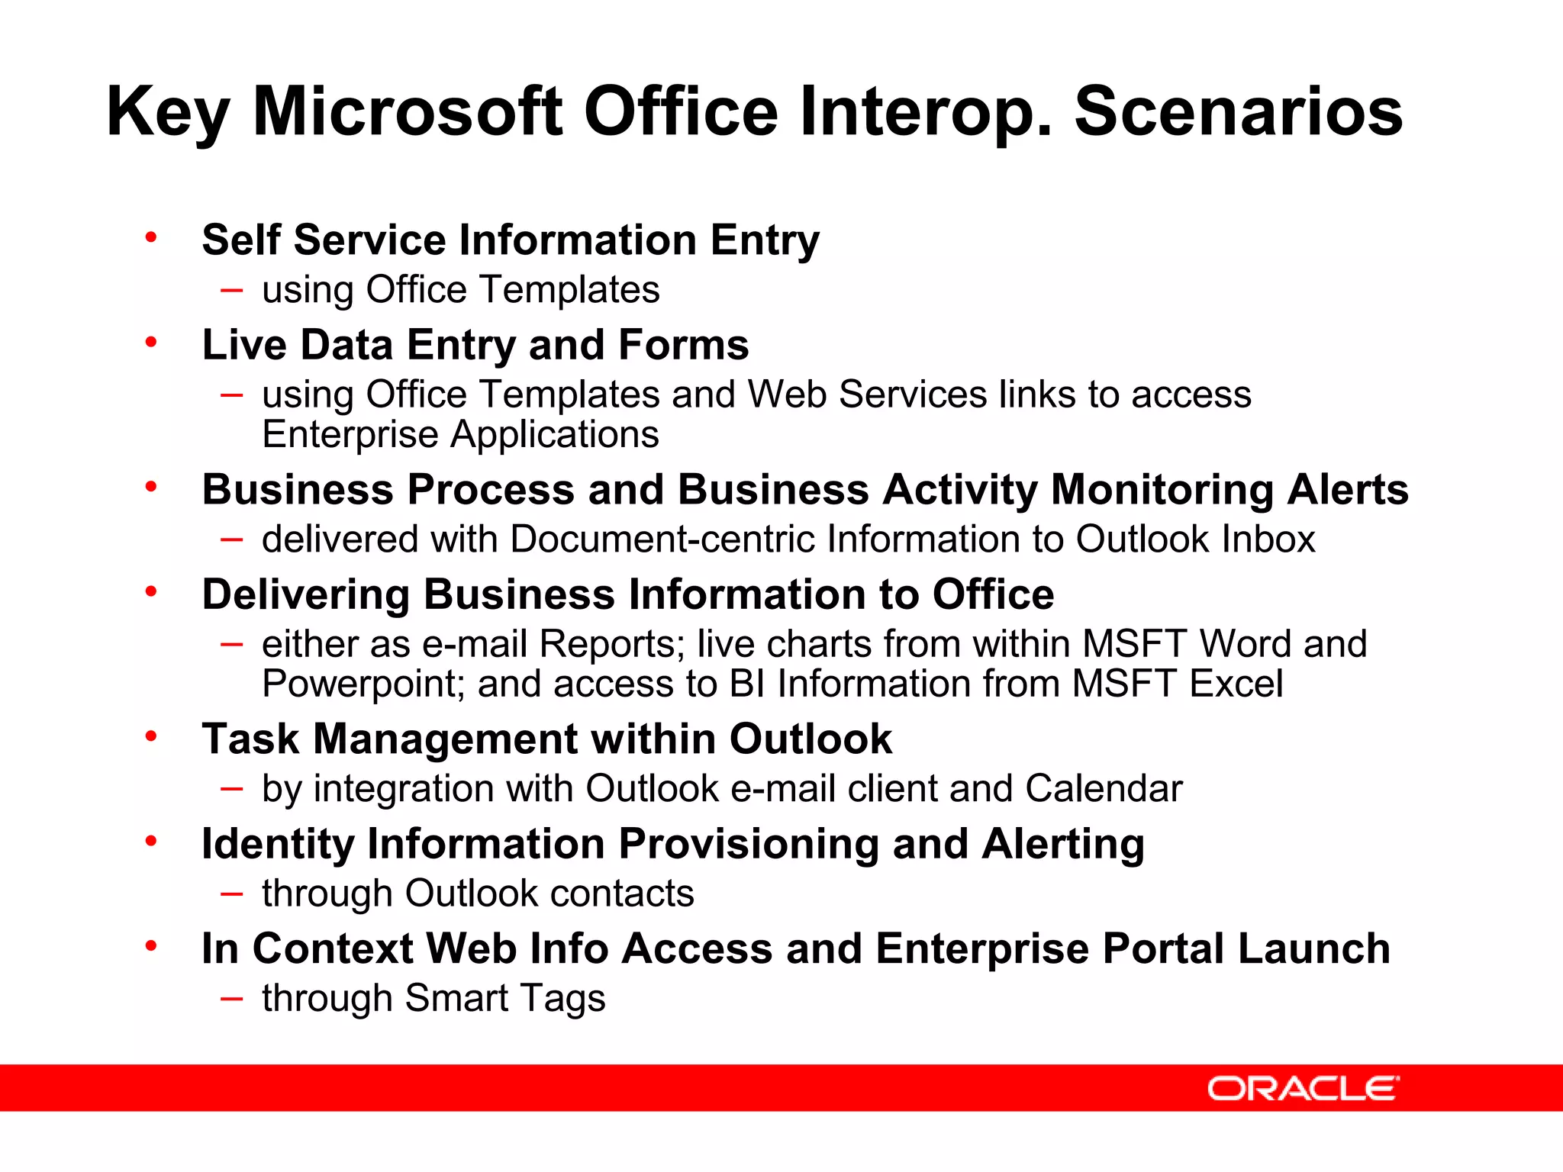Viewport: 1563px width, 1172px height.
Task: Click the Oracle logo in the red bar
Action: tap(1303, 1089)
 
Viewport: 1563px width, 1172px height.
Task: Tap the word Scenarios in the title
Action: tap(1238, 112)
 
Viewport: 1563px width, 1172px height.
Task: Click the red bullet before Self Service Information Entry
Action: tap(151, 237)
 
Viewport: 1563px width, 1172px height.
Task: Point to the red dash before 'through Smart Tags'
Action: tap(231, 998)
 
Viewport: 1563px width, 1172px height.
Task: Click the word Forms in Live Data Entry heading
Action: tap(683, 345)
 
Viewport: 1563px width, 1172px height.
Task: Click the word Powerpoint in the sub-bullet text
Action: tap(363, 684)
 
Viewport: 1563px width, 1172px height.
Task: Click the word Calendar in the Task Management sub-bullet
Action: tap(1104, 789)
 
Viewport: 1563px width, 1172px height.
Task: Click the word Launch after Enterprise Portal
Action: tap(1313, 949)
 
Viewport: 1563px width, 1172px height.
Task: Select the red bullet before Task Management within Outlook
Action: tap(151, 736)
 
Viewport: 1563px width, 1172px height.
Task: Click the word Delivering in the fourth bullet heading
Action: tap(305, 595)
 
